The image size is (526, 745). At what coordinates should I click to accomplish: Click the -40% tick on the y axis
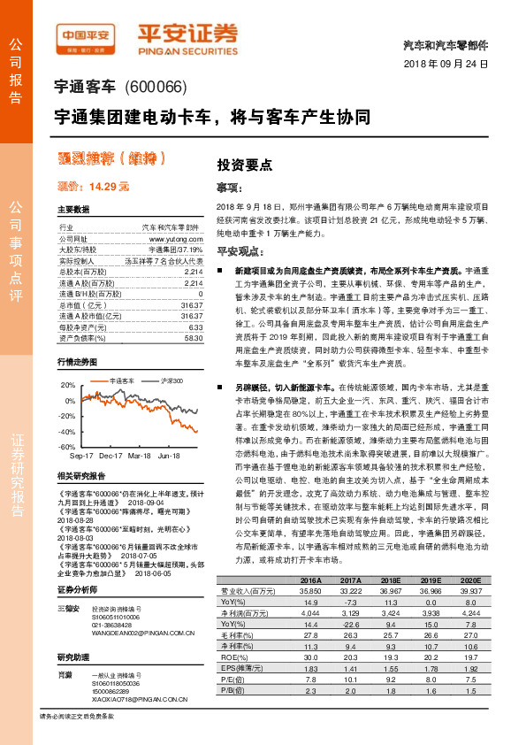[x=67, y=432]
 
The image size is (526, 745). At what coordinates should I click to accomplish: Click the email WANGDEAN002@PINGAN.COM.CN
[x=142, y=634]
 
